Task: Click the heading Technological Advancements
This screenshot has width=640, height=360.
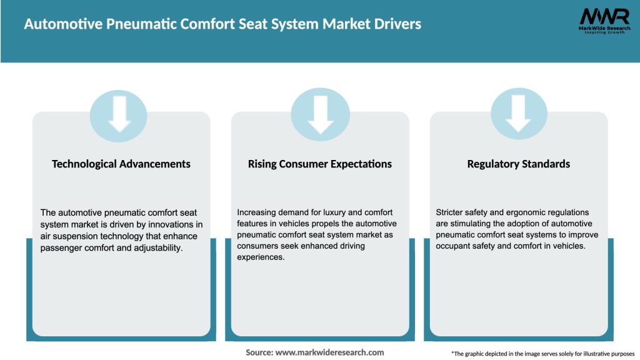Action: point(121,164)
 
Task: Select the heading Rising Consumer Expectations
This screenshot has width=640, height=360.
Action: point(320,164)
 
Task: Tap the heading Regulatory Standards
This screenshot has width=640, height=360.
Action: point(519,164)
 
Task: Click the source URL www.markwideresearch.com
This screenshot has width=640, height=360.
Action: point(329,352)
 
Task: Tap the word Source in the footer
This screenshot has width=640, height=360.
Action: point(259,352)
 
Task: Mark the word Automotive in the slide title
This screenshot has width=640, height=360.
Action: point(55,24)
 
